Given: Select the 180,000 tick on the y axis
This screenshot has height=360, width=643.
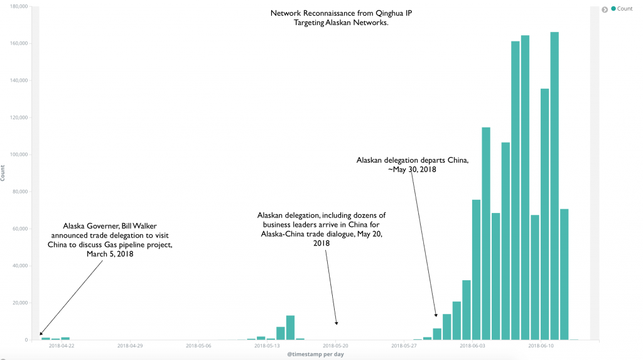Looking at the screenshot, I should coord(18,6).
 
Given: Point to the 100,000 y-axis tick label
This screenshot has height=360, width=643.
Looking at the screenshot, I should coord(18,155).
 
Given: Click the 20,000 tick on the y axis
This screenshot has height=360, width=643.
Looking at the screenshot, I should coord(19,303).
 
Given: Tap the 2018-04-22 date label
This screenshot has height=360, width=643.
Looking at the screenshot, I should coord(62,345).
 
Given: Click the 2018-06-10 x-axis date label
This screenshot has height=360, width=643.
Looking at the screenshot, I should coord(541,345).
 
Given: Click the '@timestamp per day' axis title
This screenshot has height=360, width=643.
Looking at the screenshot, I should coord(315,354).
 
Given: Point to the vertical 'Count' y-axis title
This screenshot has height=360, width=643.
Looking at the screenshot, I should coord(3,173).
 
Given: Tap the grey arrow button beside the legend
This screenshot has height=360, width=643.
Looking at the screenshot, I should coord(605,9).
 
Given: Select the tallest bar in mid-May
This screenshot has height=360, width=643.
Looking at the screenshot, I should coord(290,327).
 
